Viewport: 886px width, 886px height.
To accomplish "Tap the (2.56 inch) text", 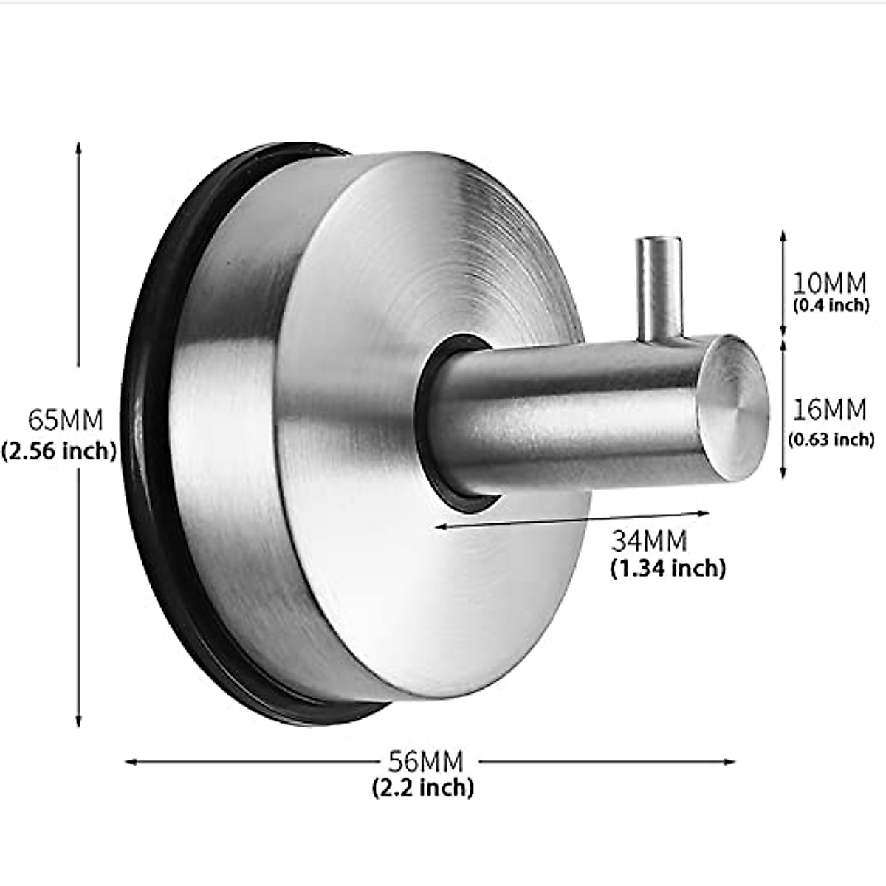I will pos(59,450).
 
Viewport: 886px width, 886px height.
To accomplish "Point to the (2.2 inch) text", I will pos(422,787).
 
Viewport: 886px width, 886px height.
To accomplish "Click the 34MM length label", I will pos(649,541).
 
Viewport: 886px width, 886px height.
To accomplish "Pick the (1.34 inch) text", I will pos(667,568).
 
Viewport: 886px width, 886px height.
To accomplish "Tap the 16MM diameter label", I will pos(829,409).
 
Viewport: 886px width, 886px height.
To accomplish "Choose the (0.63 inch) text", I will pos(831,439).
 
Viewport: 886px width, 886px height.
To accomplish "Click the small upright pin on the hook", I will pos(659,288).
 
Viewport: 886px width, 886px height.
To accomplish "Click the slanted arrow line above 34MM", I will pos(572,519).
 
